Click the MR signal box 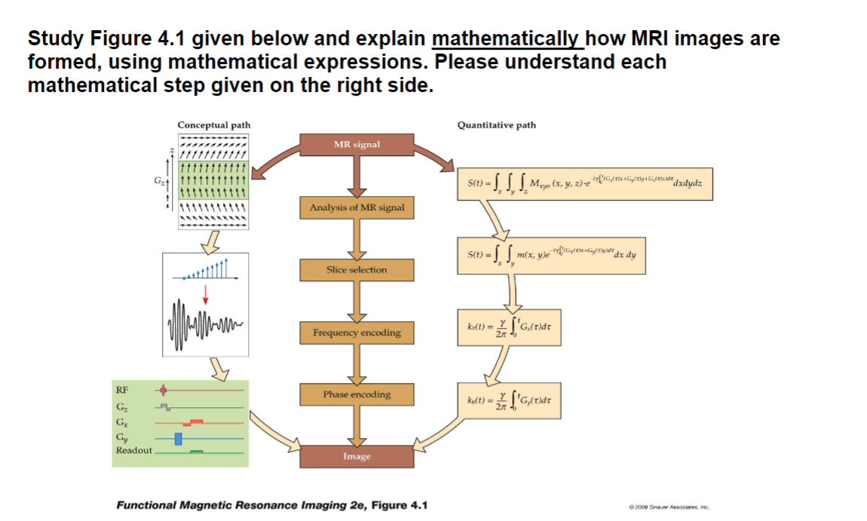[357, 144]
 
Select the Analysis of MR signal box [357, 207]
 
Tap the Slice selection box [357, 269]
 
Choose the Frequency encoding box [357, 333]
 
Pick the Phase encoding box [357, 394]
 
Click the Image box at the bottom [357, 456]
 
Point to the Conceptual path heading [214, 124]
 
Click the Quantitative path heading [497, 124]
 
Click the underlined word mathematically [506, 38]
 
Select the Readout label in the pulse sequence [133, 450]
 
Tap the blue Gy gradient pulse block [179, 438]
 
